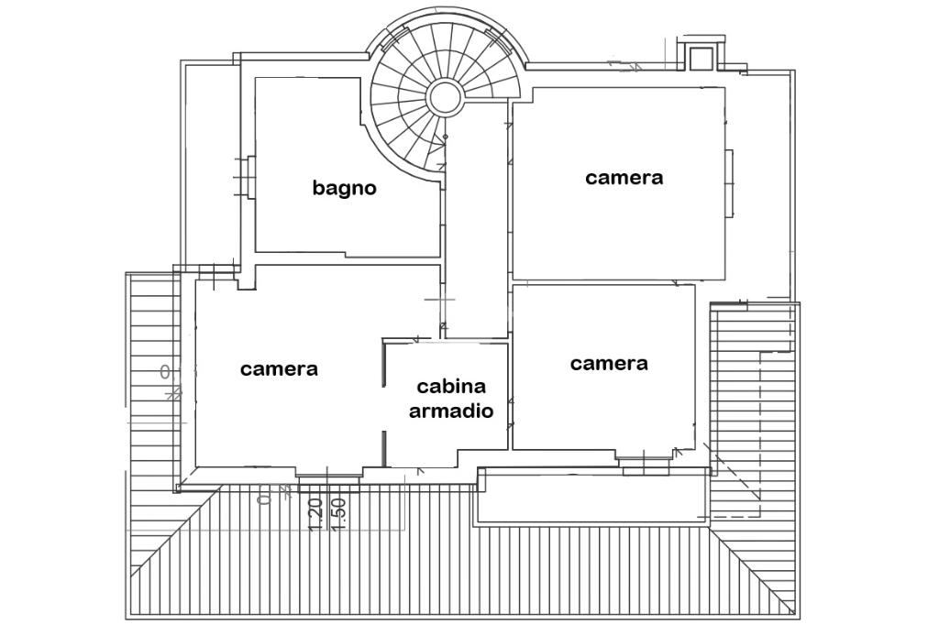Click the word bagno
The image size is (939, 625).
[344, 189]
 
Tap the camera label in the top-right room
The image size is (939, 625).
[624, 178]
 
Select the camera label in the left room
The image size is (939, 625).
[279, 369]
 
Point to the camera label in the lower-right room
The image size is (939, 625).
[609, 364]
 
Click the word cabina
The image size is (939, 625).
[451, 387]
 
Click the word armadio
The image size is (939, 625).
[451, 411]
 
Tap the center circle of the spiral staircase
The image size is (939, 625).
[445, 95]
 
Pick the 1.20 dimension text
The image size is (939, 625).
[315, 514]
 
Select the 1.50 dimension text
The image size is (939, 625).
[337, 514]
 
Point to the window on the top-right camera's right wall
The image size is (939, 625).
[730, 183]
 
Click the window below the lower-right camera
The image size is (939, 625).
[645, 467]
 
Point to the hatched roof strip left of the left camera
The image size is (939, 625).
[152, 385]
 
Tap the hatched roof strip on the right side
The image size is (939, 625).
[752, 412]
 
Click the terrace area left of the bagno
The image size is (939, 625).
[210, 165]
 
